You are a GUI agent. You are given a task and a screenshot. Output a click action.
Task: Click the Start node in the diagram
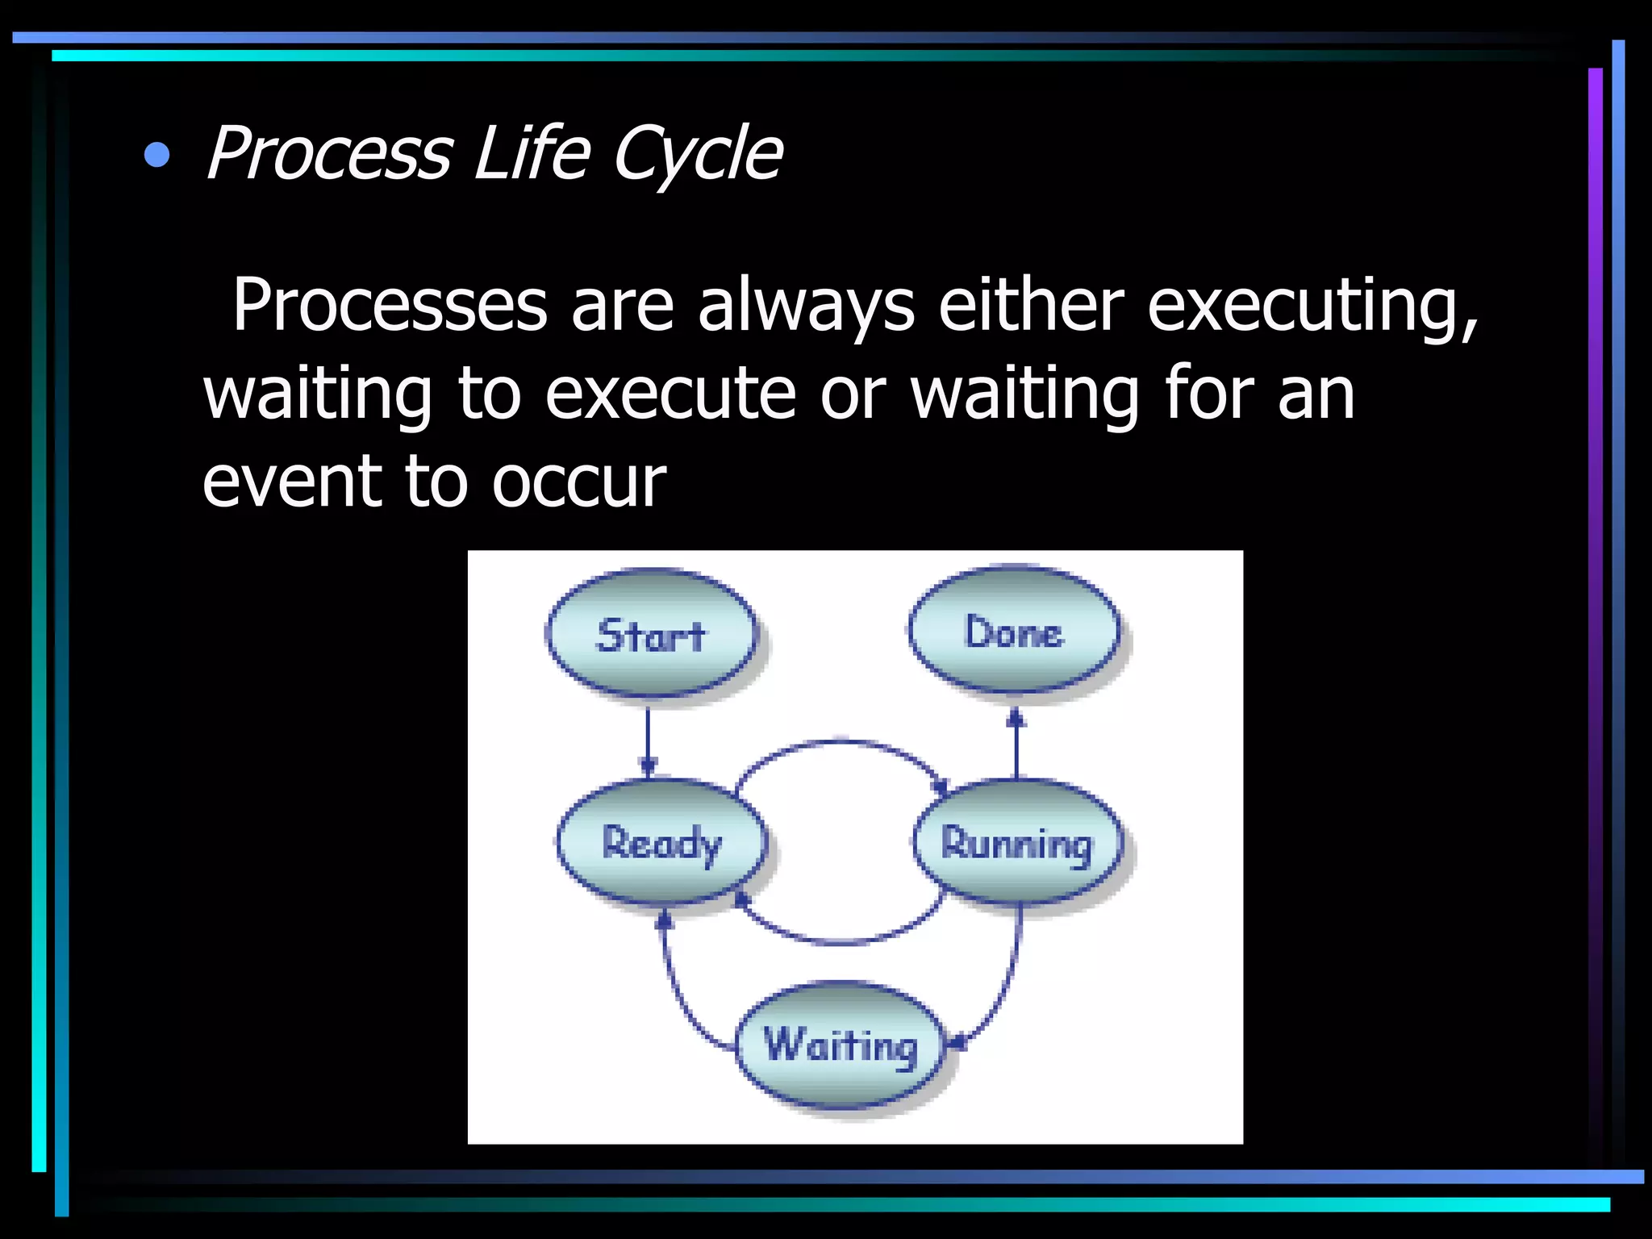(652, 634)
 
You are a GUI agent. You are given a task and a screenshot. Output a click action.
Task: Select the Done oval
(1014, 631)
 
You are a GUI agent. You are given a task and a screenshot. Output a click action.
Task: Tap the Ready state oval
(661, 843)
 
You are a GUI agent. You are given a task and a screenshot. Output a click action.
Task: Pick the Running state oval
(1017, 844)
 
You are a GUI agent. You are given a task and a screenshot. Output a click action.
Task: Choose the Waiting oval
(841, 1045)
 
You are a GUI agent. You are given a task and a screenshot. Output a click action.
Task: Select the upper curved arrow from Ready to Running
(841, 742)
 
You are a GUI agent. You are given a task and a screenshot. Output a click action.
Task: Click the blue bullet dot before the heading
(157, 155)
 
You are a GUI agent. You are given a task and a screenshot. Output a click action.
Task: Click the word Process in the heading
(329, 153)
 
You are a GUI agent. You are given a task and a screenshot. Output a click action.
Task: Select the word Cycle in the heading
(697, 153)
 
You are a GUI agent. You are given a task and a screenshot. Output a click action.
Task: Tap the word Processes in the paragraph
(390, 305)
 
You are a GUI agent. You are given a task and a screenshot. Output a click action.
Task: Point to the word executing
(1312, 305)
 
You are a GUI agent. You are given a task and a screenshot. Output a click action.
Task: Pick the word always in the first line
(806, 305)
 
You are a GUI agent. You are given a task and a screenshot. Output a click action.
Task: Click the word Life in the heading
(532, 153)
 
